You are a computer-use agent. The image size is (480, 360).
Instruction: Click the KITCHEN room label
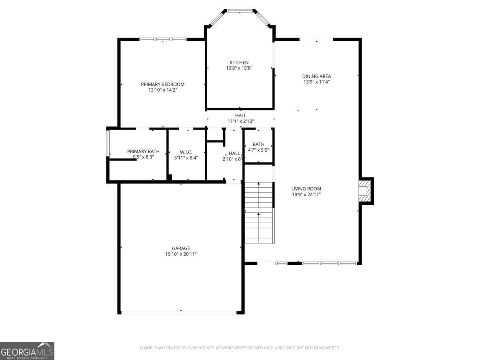pyautogui.click(x=239, y=62)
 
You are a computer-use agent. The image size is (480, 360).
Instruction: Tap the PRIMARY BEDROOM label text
pyautogui.click(x=162, y=84)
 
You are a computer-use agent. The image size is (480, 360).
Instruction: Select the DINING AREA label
pyautogui.click(x=316, y=76)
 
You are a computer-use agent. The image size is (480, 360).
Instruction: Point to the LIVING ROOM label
pyautogui.click(x=306, y=189)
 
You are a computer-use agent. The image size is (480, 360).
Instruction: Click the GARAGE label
pyautogui.click(x=181, y=248)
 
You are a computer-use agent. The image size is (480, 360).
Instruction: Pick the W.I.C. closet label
pyautogui.click(x=186, y=152)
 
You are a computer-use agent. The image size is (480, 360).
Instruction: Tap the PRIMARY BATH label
pyautogui.click(x=143, y=151)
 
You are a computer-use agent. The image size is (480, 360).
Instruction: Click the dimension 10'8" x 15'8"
pyautogui.click(x=239, y=68)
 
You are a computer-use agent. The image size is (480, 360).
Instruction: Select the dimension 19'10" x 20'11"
pyautogui.click(x=181, y=254)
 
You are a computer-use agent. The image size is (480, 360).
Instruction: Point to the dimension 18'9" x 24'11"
pyautogui.click(x=306, y=194)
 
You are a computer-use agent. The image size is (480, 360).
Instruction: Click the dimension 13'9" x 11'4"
pyautogui.click(x=316, y=82)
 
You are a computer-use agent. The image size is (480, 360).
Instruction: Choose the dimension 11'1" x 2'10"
pyautogui.click(x=241, y=121)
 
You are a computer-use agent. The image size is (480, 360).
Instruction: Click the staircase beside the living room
pyautogui.click(x=259, y=212)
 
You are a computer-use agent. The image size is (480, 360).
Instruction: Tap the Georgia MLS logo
pyautogui.click(x=27, y=350)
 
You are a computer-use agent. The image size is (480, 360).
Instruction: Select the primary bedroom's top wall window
pyautogui.click(x=163, y=39)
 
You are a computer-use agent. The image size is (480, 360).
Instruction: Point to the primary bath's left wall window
pyautogui.click(x=107, y=142)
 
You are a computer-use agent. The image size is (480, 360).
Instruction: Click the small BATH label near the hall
pyautogui.click(x=258, y=144)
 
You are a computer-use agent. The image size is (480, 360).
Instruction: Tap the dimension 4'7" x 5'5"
pyautogui.click(x=258, y=150)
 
